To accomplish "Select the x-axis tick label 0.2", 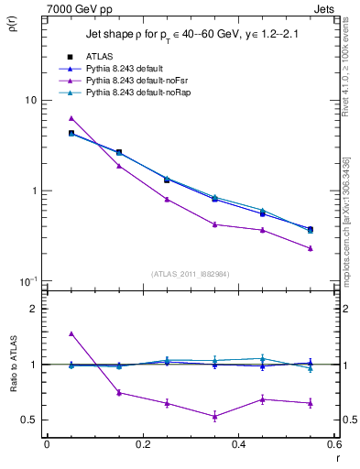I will point(142,444).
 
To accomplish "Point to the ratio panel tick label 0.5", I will point(28,420).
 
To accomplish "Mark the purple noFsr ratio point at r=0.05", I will point(71,333).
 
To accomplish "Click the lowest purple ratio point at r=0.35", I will point(214,416).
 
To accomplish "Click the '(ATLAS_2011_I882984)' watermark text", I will point(191,274).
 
